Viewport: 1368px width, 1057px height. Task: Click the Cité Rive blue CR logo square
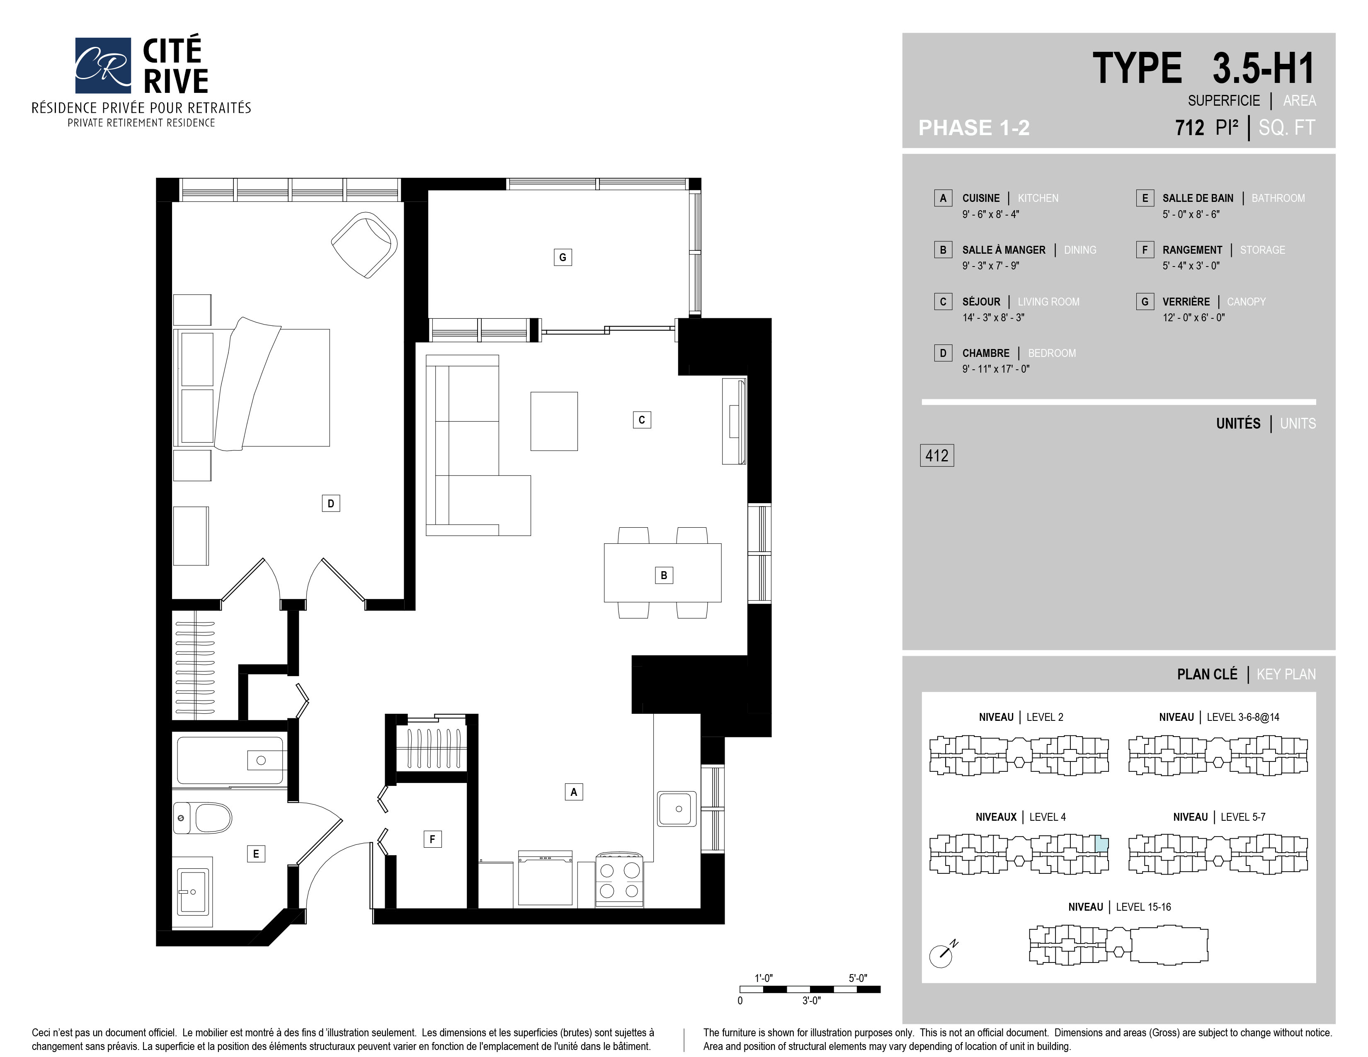103,65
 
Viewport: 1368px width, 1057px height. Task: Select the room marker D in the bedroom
331,503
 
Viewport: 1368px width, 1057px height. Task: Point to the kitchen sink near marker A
677,808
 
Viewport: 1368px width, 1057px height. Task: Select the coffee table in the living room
554,421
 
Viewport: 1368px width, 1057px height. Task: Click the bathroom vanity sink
193,892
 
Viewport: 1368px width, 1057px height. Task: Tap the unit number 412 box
936,455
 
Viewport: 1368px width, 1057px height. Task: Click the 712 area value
1189,128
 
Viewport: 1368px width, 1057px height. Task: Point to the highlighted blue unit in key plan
1101,844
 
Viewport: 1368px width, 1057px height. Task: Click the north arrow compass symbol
942,954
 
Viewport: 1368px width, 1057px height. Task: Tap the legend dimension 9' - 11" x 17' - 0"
996,369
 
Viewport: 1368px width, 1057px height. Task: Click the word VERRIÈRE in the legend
1186,302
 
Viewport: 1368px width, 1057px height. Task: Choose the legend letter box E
1145,198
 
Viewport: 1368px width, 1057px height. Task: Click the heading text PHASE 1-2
974,128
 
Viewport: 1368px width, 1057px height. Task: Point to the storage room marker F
432,839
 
